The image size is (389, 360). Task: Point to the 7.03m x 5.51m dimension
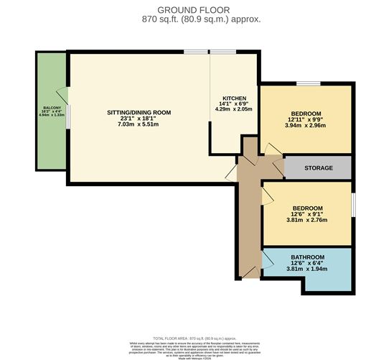(139, 125)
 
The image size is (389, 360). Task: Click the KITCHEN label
(234, 98)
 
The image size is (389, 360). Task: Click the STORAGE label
(318, 168)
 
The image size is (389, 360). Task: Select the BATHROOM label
(307, 257)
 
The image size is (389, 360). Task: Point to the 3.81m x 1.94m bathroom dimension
(307, 270)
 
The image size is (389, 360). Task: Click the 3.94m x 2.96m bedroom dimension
(306, 125)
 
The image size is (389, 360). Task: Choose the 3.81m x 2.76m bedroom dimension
(307, 221)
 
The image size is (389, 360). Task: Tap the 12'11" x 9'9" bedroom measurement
(306, 119)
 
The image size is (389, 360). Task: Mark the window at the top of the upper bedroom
(309, 85)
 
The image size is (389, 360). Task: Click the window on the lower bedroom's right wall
(353, 203)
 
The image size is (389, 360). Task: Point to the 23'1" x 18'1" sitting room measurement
(139, 119)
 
